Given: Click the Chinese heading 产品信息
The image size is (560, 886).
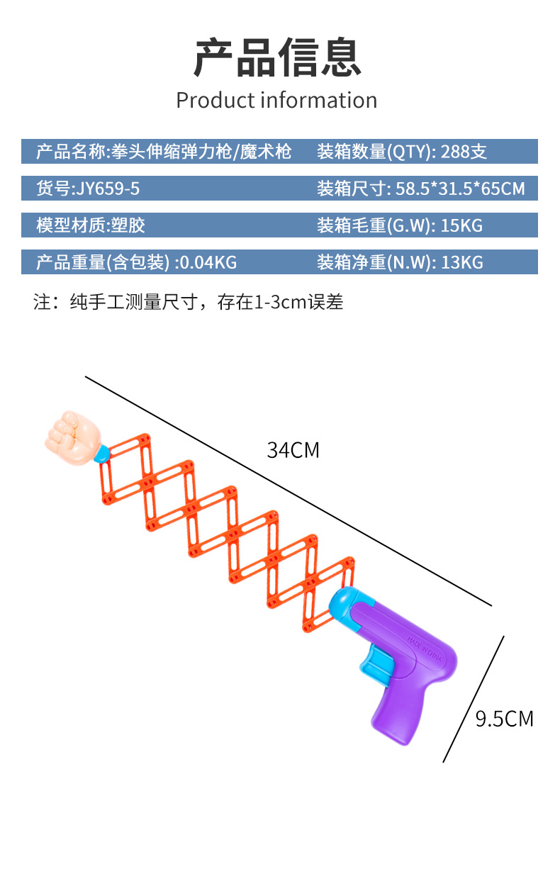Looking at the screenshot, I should (x=278, y=58).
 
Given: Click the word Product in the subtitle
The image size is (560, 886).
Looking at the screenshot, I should (x=215, y=100).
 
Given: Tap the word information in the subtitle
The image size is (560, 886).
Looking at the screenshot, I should (x=318, y=100).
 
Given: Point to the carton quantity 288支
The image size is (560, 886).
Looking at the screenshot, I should (x=464, y=152).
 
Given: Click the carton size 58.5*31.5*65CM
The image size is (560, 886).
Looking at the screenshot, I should (x=459, y=189).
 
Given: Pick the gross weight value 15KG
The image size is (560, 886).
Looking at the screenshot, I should (x=461, y=225).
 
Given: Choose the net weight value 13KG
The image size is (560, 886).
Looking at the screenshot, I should (x=461, y=262).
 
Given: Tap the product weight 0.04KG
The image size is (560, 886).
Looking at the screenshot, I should (x=207, y=262).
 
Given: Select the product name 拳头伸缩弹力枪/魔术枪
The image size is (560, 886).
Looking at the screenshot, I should (x=201, y=152).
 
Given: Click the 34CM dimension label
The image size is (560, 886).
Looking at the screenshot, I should (x=293, y=450).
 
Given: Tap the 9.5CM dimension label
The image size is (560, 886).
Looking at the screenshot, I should (x=504, y=719).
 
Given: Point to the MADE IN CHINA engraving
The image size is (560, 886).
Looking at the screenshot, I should (x=425, y=650).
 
